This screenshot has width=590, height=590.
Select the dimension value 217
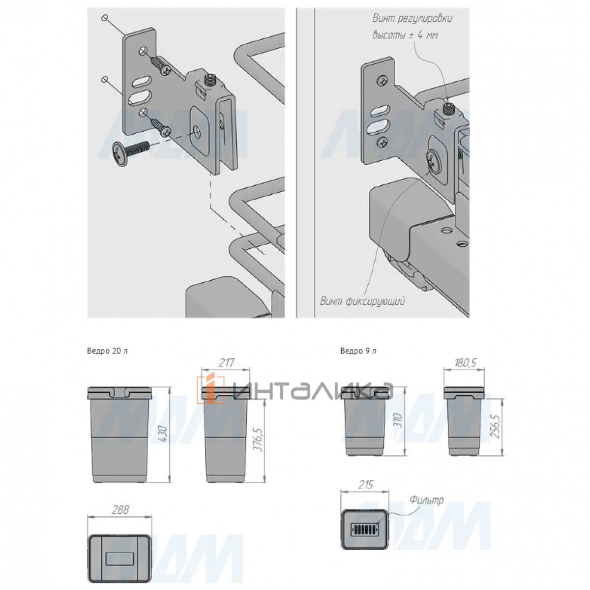pyautogui.click(x=226, y=363)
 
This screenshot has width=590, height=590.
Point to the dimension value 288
pyautogui.click(x=120, y=510)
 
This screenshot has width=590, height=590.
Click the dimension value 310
pyautogui.click(x=398, y=421)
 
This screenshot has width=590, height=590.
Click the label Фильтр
pyautogui.click(x=426, y=501)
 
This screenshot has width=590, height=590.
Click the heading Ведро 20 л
pyautogui.click(x=107, y=351)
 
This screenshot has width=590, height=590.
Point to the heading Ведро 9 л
pyautogui.click(x=358, y=351)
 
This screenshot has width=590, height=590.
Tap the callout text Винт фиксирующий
pyautogui.click(x=362, y=301)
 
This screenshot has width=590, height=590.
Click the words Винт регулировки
pyautogui.click(x=413, y=18)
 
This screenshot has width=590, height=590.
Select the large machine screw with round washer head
pyautogui.click(x=130, y=151)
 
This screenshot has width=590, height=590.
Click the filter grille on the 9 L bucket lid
pyautogui.click(x=365, y=528)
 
